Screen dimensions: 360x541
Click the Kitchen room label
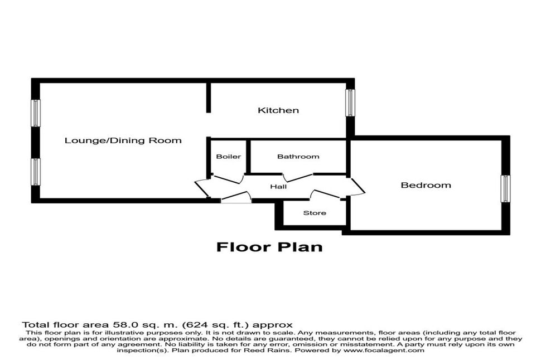coord(278,110)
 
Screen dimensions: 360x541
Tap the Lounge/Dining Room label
coord(123,140)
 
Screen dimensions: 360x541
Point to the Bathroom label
coord(298,157)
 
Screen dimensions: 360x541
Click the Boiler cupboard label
coord(228,157)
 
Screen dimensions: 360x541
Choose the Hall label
coord(278,186)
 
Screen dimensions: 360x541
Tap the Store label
coord(315,213)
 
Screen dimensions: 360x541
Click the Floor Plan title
coord(269,246)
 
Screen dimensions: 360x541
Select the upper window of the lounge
coord(36,113)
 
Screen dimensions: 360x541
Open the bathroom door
coord(298,176)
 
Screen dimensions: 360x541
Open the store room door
coord(325,194)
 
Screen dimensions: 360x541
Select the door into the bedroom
coord(357,186)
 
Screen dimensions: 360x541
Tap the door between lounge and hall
coord(201,188)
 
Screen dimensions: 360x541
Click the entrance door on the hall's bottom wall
coord(235,197)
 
